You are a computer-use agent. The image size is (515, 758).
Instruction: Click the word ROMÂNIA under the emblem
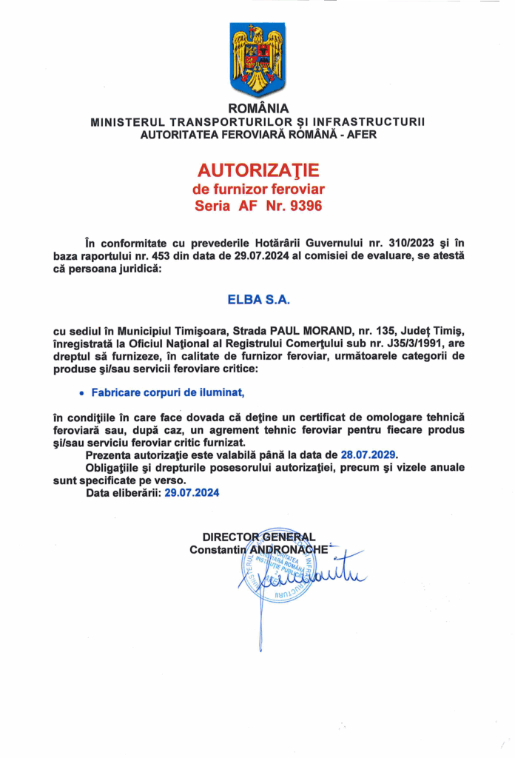pos(257,108)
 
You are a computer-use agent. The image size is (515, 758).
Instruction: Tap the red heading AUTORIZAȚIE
pos(257,171)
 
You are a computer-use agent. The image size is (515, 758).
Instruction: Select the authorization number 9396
pos(306,207)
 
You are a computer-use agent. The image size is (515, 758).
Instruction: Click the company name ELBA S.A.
pos(258,300)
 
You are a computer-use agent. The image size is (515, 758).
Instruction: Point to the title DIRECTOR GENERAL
pos(259,537)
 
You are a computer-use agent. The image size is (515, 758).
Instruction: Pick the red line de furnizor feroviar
pos(257,189)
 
